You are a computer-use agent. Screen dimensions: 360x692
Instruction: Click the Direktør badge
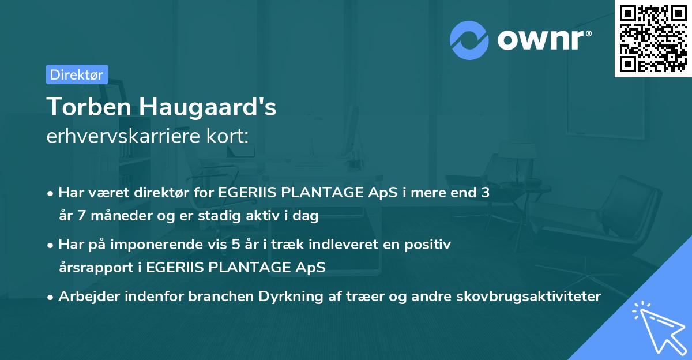77,74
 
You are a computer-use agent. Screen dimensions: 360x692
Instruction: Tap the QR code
652,38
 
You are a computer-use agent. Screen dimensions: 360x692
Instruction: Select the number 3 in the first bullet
485,193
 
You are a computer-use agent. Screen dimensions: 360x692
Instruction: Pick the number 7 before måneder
80,216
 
